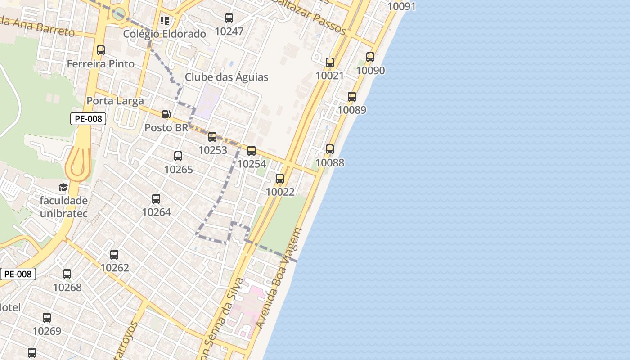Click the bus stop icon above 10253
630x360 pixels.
[212, 137]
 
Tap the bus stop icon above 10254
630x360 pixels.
[252, 151]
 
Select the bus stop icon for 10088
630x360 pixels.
[330, 149]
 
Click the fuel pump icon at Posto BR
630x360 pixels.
[166, 114]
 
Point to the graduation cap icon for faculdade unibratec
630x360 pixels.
[63, 187]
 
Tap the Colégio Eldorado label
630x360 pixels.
[164, 34]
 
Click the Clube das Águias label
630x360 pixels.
[226, 77]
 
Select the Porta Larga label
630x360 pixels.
[115, 101]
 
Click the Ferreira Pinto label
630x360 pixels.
[101, 64]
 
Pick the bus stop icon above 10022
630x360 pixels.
[280, 179]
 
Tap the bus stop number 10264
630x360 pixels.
[156, 212]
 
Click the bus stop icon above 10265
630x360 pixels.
[178, 156]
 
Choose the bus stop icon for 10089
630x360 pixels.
[352, 97]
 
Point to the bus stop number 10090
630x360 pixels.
[370, 71]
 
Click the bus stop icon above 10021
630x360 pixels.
[330, 63]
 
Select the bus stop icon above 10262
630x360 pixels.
[114, 255]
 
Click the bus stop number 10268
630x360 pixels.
[67, 287]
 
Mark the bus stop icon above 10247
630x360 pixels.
[229, 18]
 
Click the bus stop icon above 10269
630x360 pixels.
[47, 318]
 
